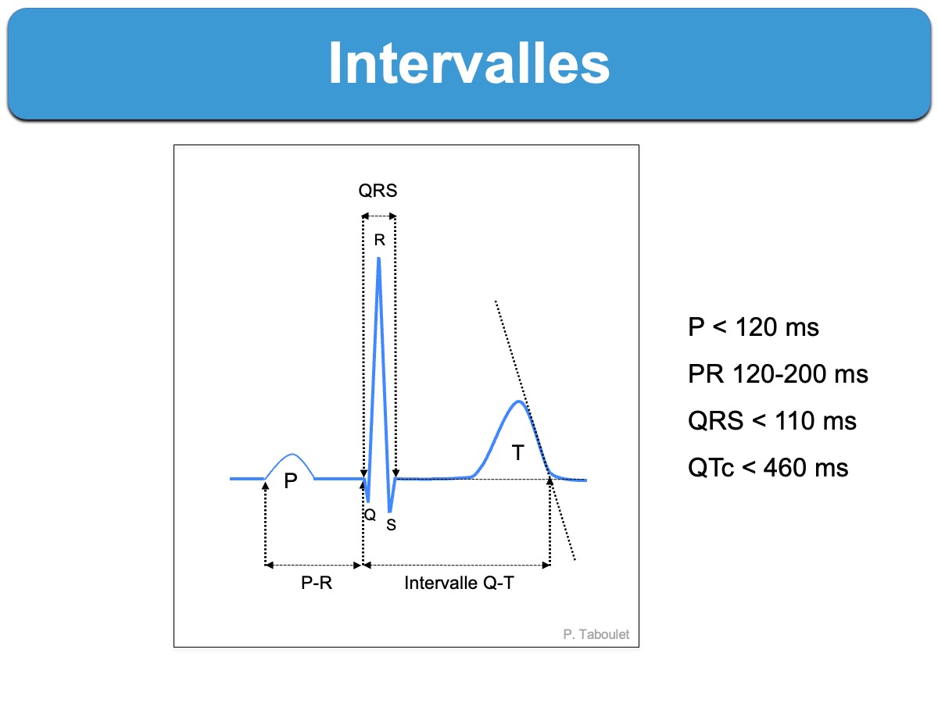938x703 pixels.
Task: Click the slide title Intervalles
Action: click(x=469, y=63)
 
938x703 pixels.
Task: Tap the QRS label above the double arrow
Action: click(x=378, y=191)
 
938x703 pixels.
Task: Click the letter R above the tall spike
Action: click(x=379, y=240)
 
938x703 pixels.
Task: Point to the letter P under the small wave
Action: click(x=291, y=481)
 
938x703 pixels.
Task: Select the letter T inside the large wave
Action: click(x=518, y=452)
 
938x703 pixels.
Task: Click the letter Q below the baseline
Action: click(x=370, y=515)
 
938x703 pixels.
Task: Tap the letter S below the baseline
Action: click(x=391, y=525)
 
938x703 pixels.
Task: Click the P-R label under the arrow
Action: click(x=317, y=583)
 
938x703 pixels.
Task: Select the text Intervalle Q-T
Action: click(x=459, y=583)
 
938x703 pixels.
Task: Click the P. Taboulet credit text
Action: click(x=596, y=634)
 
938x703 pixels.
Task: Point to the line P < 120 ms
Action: click(x=753, y=327)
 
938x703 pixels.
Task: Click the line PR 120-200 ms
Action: click(x=778, y=374)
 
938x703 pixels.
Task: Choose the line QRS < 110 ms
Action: click(x=772, y=420)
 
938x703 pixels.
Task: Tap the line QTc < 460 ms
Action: click(x=768, y=467)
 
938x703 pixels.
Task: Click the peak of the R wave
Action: click(x=378, y=259)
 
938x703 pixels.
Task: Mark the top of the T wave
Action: click(x=519, y=401)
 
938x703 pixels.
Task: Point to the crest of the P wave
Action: click(x=292, y=454)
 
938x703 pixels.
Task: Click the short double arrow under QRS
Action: click(x=378, y=216)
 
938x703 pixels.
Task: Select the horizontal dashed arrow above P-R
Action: click(x=313, y=565)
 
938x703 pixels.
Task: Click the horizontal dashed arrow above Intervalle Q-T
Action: click(x=456, y=565)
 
